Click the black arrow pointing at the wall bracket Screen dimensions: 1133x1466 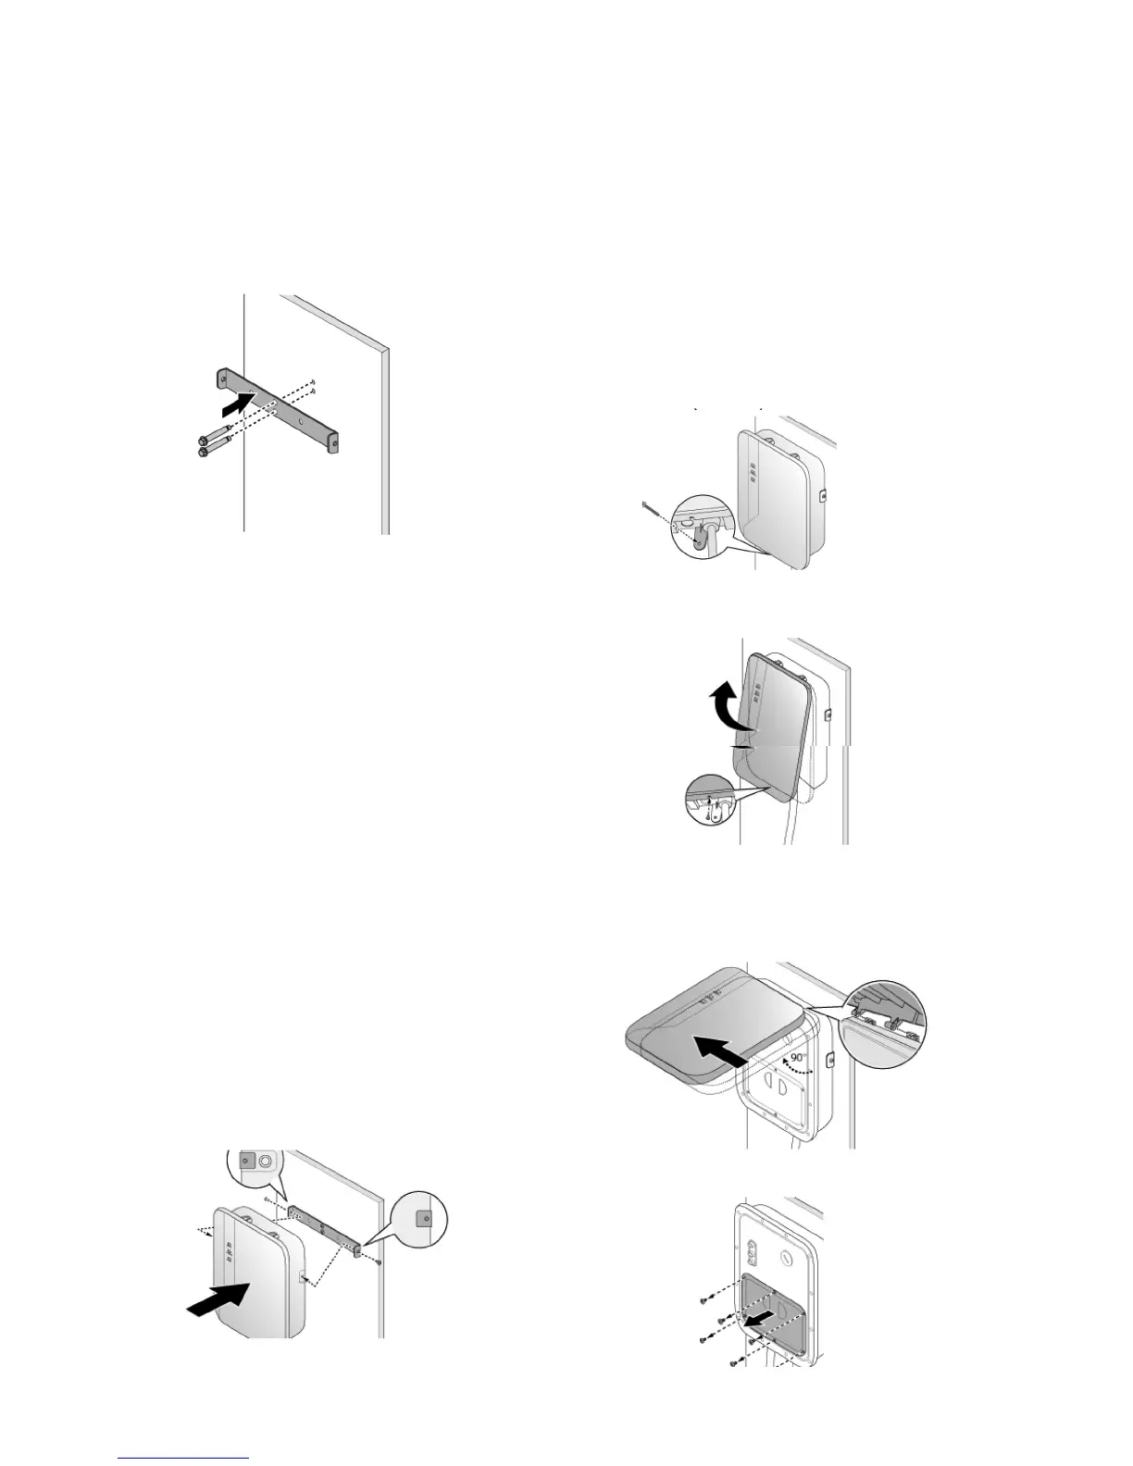(236, 404)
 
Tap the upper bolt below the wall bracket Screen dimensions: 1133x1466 (205, 441)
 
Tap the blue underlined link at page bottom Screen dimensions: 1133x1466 (184, 1457)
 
